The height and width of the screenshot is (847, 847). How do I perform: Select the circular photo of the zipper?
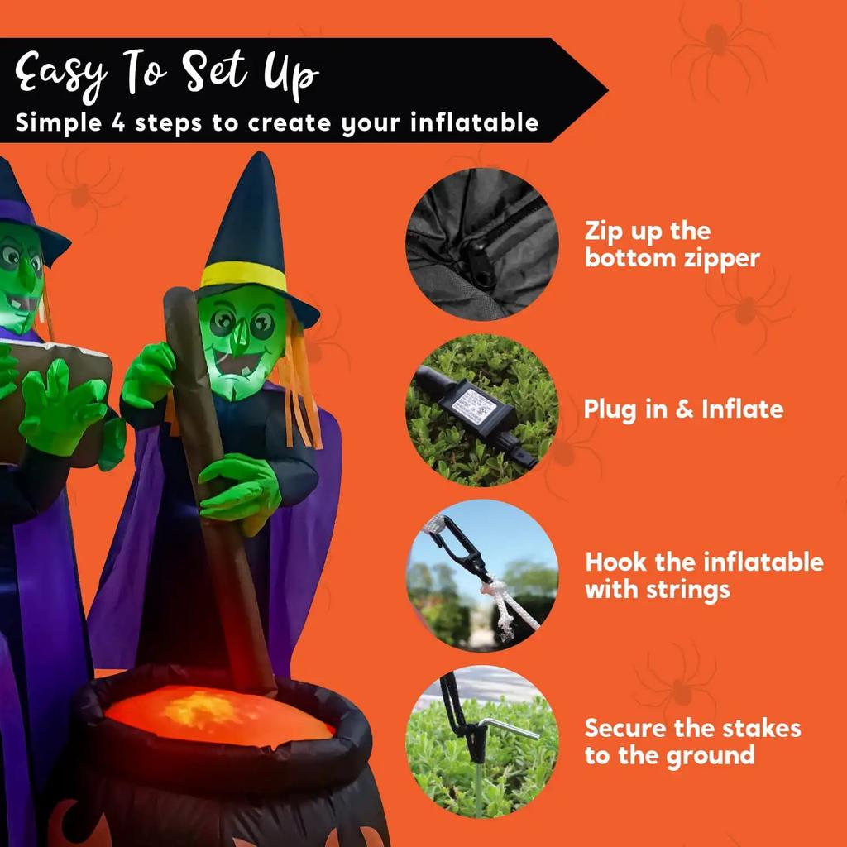482,244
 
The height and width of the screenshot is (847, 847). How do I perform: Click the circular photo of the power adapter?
482,409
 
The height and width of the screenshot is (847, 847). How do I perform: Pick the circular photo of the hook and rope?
482,575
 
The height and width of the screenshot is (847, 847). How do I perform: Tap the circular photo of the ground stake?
482,740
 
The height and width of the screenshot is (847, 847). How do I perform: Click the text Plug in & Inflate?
683,409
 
